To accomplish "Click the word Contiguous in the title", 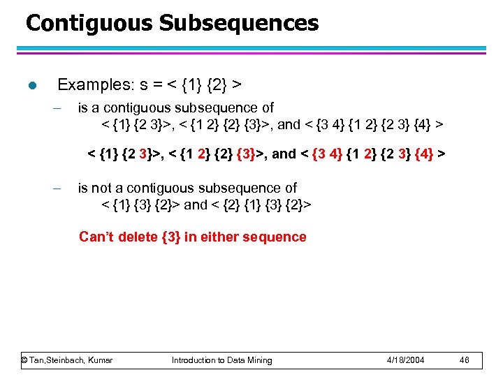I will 89,24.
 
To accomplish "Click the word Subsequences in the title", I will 238,24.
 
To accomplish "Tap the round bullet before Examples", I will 30,86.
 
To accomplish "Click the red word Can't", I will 96,237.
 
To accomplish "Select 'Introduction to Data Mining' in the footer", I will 222,360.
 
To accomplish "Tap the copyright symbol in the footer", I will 24,360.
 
